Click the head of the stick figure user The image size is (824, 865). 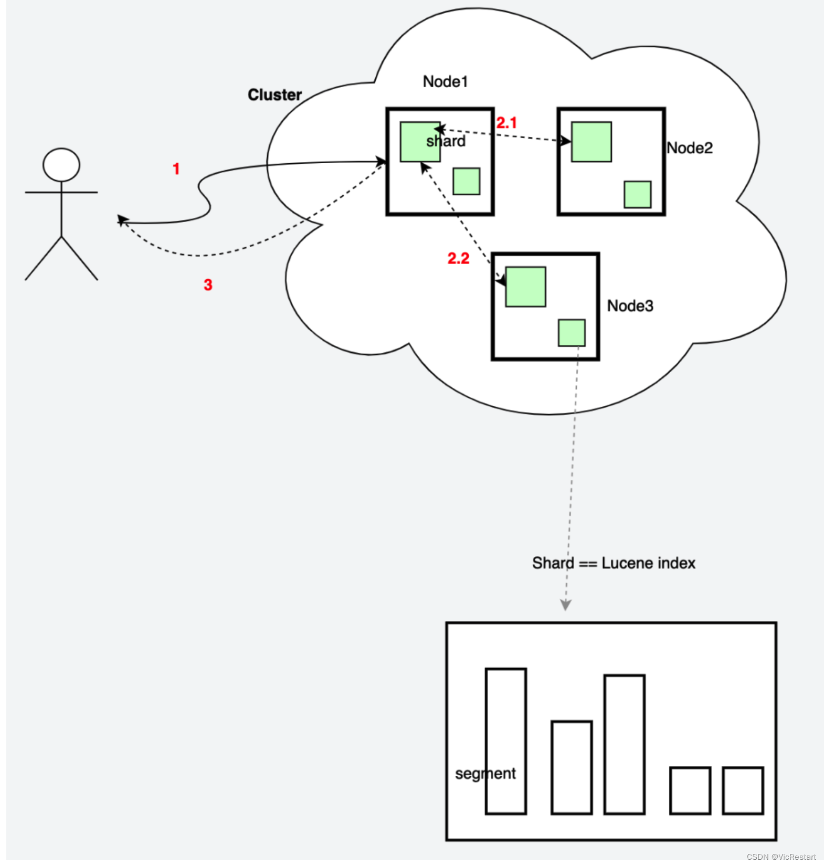pos(61,165)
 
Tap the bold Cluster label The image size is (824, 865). pos(274,95)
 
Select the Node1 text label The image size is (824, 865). pos(445,82)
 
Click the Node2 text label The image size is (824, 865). pos(689,148)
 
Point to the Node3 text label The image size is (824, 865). pos(630,306)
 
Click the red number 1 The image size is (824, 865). pos(176,169)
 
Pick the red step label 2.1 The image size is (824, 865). pos(506,123)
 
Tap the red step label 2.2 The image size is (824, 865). pos(458,258)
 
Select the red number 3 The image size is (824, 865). pos(208,285)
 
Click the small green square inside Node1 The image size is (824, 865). pos(466,181)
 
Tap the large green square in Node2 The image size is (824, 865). pos(591,142)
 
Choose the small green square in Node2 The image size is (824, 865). pos(637,194)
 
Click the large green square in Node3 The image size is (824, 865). pos(525,287)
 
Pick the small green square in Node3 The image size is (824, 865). pos(571,333)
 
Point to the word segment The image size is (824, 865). pos(485,774)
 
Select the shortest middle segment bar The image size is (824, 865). pos(572,767)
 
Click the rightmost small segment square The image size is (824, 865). pos(742,790)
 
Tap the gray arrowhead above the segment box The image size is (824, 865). pos(565,605)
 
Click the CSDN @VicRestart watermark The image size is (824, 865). pos(781,857)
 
